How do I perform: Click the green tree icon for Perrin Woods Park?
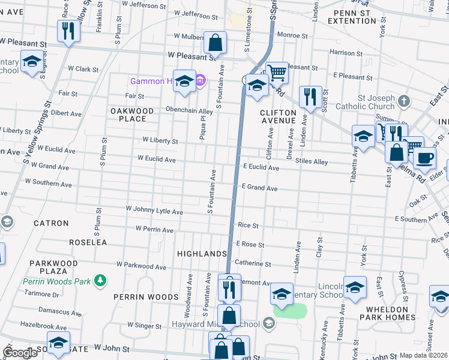(101, 280)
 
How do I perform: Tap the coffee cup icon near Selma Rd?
(424, 158)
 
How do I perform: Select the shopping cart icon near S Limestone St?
(276, 73)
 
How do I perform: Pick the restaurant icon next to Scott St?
(310, 96)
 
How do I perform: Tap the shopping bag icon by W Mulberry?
(215, 42)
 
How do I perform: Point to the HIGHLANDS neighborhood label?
(202, 254)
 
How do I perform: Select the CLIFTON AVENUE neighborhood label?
(278, 116)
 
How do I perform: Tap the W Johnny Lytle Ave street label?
(154, 211)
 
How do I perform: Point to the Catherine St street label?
(253, 263)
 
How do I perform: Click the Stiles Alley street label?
(312, 162)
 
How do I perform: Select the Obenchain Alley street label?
(190, 111)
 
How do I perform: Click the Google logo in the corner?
(20, 353)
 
